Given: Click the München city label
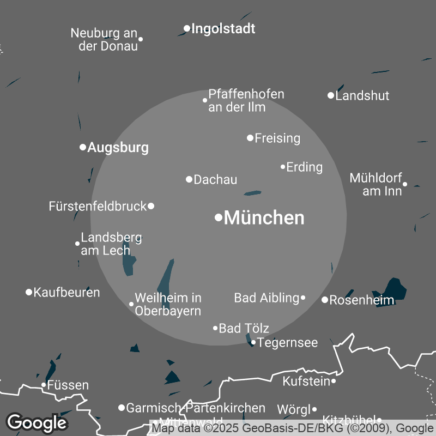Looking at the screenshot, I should pyautogui.click(x=264, y=218).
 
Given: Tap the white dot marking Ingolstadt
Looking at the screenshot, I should pyautogui.click(x=187, y=28).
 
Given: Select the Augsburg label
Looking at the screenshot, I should pyautogui.click(x=118, y=147).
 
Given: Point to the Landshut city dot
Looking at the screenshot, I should pyautogui.click(x=330, y=95).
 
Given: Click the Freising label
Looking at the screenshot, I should pyautogui.click(x=277, y=138).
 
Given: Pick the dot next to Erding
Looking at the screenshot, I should pyautogui.click(x=283, y=167).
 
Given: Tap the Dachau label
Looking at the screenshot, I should pyautogui.click(x=215, y=179).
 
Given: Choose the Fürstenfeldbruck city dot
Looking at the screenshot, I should pyautogui.click(x=151, y=206).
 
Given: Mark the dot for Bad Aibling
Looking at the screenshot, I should pyautogui.click(x=303, y=298).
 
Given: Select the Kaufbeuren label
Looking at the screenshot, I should pyautogui.click(x=66, y=293).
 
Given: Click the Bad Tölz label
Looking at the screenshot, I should pyautogui.click(x=244, y=328).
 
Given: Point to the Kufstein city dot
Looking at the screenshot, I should pyautogui.click(x=334, y=381).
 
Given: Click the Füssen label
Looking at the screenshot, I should pyautogui.click(x=68, y=385).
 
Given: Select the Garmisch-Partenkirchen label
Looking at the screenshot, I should pyautogui.click(x=196, y=408).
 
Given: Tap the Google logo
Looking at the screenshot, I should pyautogui.click(x=37, y=422).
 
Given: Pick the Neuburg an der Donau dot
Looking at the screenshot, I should pyautogui.click(x=141, y=39).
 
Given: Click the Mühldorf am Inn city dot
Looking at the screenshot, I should pyautogui.click(x=405, y=184).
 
